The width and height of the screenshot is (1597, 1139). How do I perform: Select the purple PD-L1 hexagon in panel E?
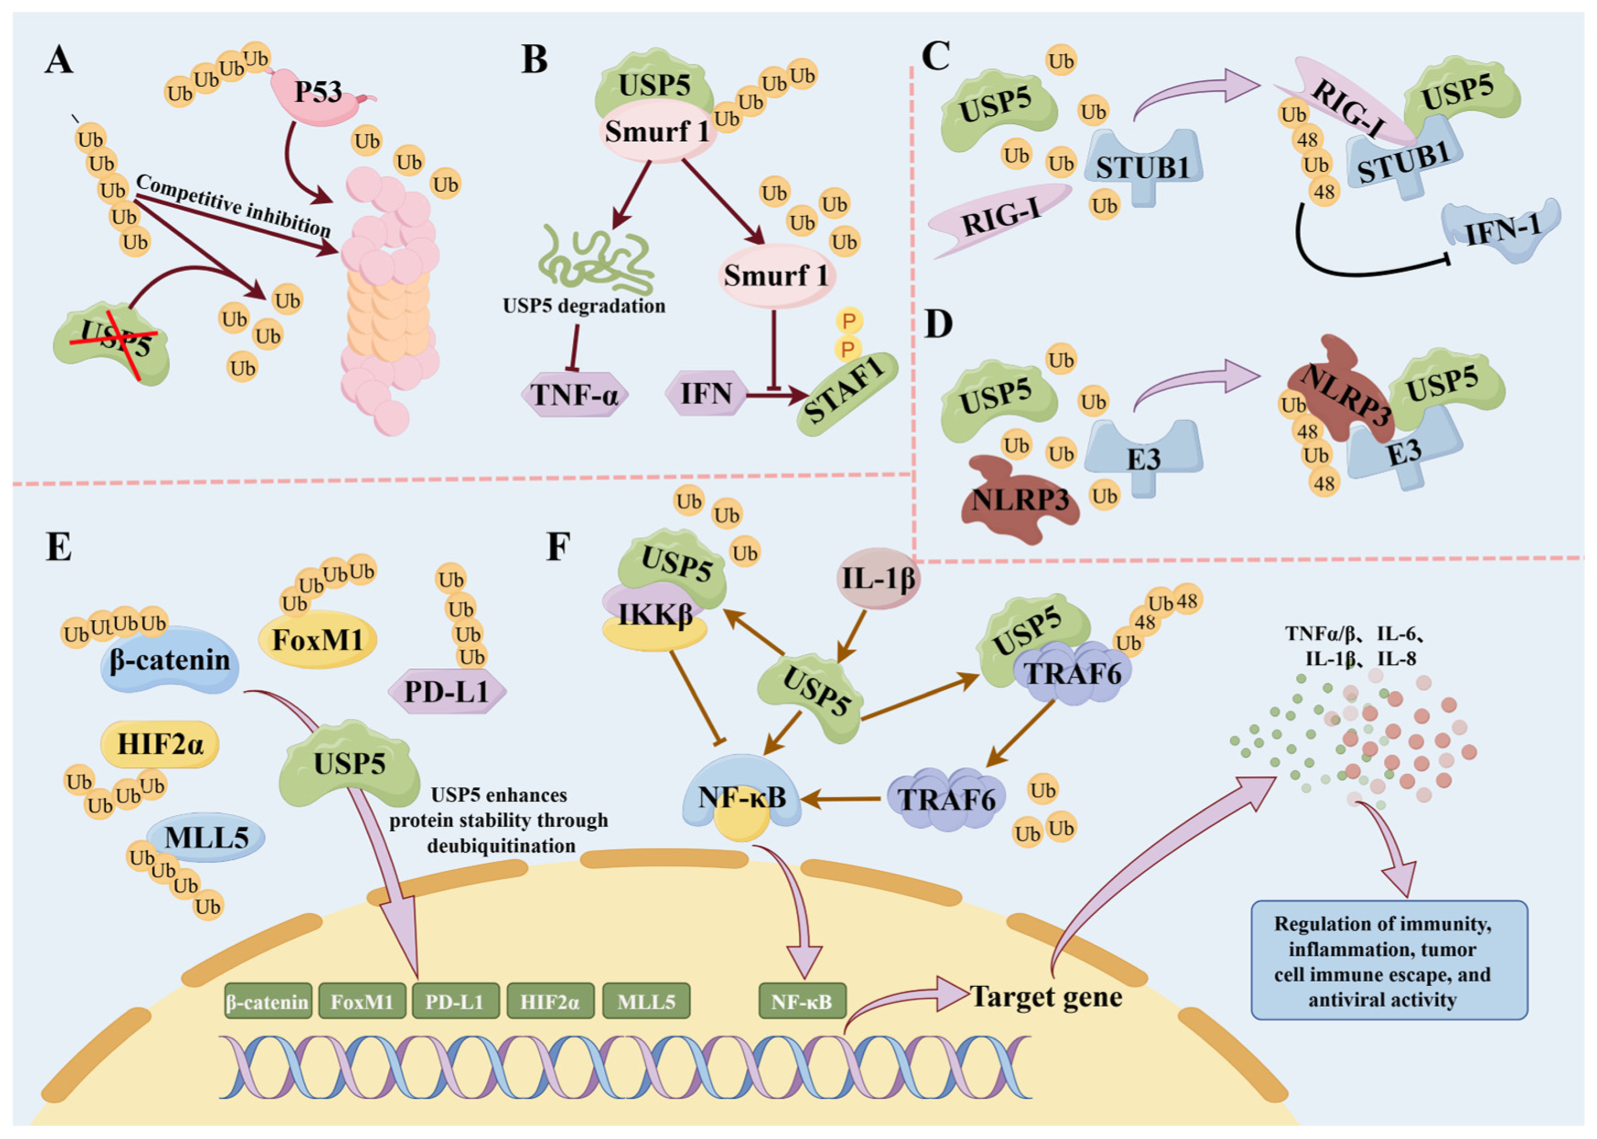click(447, 692)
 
